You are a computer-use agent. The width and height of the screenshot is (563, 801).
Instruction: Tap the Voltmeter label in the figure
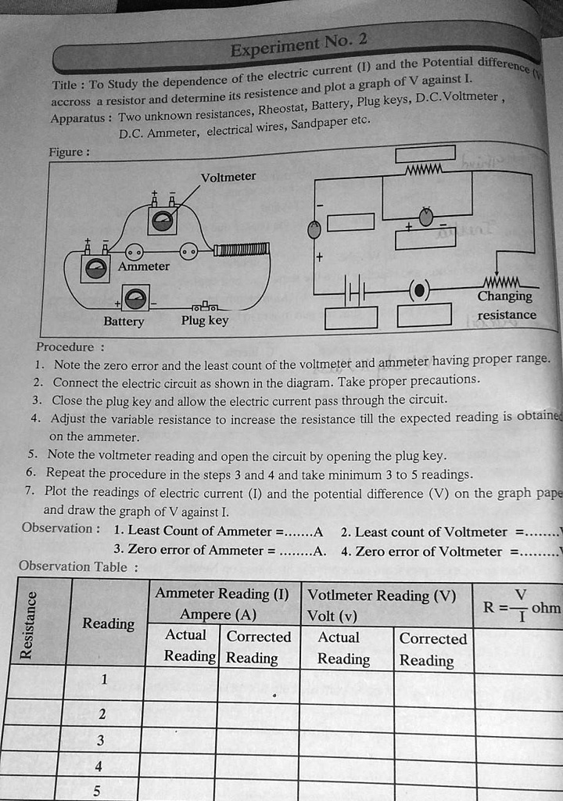pyautogui.click(x=228, y=177)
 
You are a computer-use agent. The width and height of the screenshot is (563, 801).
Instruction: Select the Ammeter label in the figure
pyautogui.click(x=144, y=266)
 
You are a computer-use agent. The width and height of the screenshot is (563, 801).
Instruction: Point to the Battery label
pyautogui.click(x=124, y=321)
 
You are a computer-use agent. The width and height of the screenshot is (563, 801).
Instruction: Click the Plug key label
pyautogui.click(x=205, y=320)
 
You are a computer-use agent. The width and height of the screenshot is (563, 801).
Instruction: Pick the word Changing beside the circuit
pyautogui.click(x=504, y=296)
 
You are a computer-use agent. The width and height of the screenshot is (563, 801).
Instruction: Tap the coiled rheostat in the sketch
pyautogui.click(x=242, y=250)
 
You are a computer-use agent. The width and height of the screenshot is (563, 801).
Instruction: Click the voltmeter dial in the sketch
pyautogui.click(x=163, y=221)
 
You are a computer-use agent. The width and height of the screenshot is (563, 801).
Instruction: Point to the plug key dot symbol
pyautogui.click(x=420, y=290)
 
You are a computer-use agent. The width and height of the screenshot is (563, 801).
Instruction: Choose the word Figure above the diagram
pyautogui.click(x=69, y=153)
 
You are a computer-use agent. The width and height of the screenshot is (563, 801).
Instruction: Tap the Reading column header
pyautogui.click(x=108, y=623)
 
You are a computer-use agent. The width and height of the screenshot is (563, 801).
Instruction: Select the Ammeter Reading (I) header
pyautogui.click(x=222, y=593)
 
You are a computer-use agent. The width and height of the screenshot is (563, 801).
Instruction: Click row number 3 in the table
pyautogui.click(x=100, y=740)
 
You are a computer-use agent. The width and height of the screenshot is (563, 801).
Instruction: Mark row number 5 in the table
pyautogui.click(x=97, y=791)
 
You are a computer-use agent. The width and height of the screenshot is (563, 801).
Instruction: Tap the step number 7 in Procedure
pyautogui.click(x=29, y=490)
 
